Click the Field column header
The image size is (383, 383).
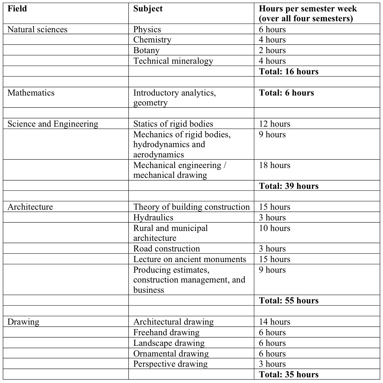click(x=17, y=9)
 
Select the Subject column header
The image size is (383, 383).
click(x=148, y=9)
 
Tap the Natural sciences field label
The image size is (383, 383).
click(x=37, y=30)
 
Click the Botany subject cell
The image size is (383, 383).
click(x=146, y=51)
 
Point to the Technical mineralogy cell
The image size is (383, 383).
click(x=173, y=61)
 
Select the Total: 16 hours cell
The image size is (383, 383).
click(x=289, y=72)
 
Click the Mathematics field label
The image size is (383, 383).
click(x=31, y=93)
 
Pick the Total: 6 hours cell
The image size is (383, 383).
click(x=286, y=93)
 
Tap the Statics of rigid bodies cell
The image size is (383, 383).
click(x=173, y=124)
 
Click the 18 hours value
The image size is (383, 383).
click(x=274, y=165)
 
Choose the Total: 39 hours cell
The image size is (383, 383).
click(x=289, y=186)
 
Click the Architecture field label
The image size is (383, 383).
click(x=30, y=207)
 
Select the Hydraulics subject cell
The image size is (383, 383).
click(x=153, y=217)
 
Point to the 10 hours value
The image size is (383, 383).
click(x=274, y=228)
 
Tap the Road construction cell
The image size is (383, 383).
click(x=167, y=249)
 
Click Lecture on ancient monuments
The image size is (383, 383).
click(x=190, y=259)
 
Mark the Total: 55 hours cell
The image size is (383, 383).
click(x=289, y=301)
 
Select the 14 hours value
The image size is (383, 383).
click(x=274, y=322)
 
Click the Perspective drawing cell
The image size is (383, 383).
click(x=170, y=364)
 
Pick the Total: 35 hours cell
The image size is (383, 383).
click(x=289, y=375)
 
